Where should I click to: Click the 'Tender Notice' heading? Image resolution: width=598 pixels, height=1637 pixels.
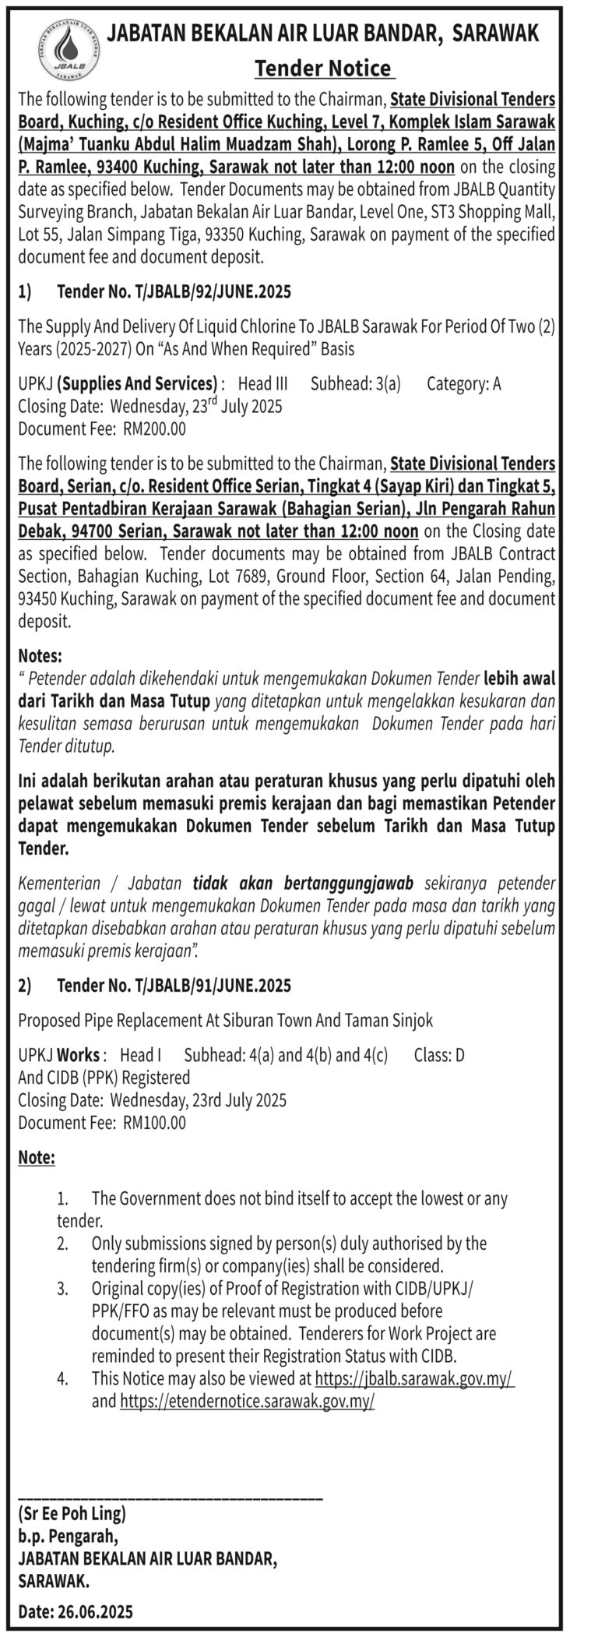click(323, 69)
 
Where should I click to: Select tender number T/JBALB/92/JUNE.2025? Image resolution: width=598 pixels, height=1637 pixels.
click(174, 292)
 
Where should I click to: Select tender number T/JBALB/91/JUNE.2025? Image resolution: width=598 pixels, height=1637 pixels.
click(174, 986)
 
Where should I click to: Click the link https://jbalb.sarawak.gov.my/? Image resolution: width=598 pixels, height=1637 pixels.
click(414, 1378)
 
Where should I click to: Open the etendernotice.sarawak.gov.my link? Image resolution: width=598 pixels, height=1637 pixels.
click(247, 1401)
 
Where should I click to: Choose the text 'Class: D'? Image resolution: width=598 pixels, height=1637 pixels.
click(439, 1055)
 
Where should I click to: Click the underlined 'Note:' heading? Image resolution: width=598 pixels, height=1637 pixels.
click(37, 1158)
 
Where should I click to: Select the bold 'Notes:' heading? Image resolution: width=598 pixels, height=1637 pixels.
click(40, 656)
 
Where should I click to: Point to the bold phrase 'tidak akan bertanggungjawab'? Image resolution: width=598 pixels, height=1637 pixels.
click(303, 883)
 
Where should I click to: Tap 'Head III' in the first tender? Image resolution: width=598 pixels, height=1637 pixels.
click(262, 383)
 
